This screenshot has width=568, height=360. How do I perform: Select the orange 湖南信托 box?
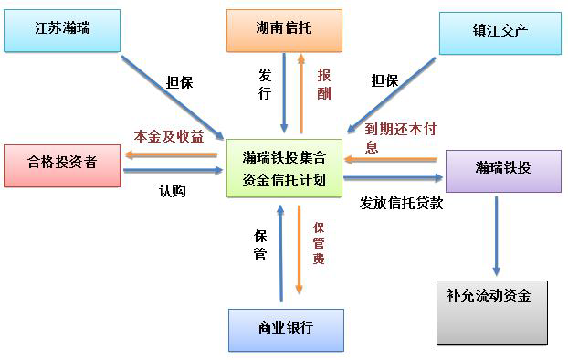pos(283,30)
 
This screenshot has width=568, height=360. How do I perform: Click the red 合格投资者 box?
pos(61,164)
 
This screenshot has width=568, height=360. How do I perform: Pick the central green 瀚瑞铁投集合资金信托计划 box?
pos(284,167)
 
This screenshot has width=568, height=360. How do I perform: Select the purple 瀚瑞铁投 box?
pos(502,168)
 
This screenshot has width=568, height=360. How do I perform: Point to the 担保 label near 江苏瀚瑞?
pos(180,81)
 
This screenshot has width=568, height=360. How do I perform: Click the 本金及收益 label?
pos(169,136)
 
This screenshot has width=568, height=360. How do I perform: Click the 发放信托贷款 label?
pos(401,203)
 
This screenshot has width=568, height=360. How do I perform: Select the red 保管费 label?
pos(319,242)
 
